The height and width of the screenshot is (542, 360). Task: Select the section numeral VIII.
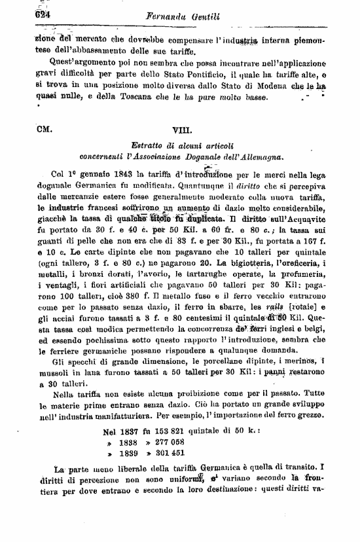(181, 130)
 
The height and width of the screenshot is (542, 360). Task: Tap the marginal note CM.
(45, 130)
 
